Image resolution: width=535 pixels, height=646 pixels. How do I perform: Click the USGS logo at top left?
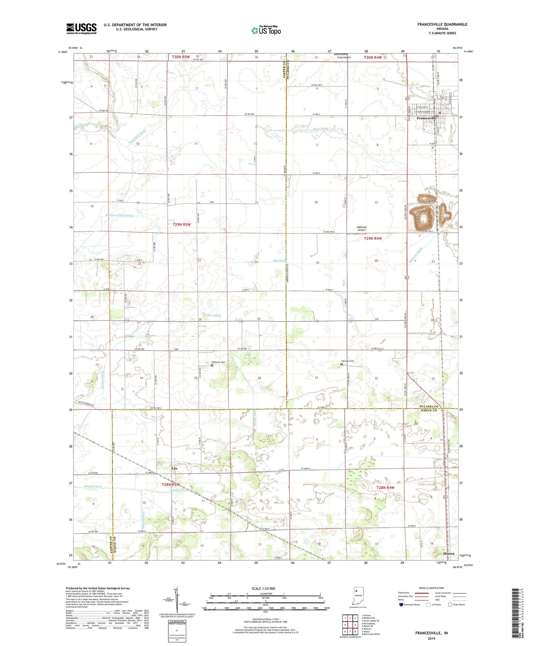point(81,28)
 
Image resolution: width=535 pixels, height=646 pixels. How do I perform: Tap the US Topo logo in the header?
point(265,30)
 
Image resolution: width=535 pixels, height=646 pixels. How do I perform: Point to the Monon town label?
point(449,554)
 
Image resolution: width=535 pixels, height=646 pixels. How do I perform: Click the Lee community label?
point(174,468)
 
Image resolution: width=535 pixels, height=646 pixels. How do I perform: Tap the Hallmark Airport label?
point(361,228)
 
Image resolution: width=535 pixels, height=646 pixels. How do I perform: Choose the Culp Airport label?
point(344,57)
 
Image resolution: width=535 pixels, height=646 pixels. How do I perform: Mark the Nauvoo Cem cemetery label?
point(347,361)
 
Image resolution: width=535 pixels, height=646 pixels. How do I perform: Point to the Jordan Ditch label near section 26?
point(211,315)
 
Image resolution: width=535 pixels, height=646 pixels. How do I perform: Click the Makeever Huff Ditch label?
point(114,215)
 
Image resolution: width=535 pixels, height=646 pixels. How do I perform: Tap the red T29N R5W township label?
point(181,224)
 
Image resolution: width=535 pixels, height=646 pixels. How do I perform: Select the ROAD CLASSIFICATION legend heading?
point(432,588)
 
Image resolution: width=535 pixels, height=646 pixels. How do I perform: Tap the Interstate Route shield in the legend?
point(402,605)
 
